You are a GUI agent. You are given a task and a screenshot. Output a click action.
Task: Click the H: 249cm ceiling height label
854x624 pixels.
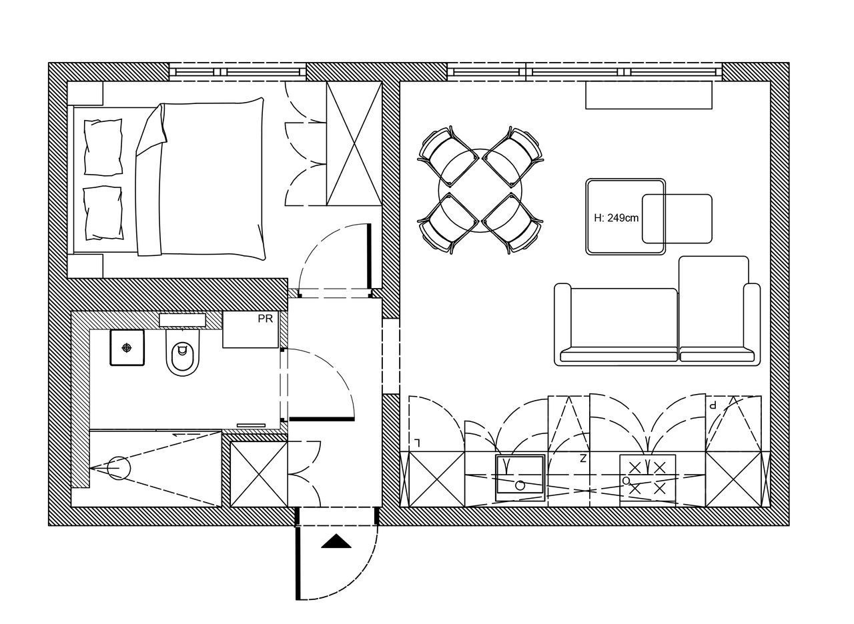(616, 218)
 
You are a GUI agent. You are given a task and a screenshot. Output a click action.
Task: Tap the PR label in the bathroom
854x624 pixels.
(266, 319)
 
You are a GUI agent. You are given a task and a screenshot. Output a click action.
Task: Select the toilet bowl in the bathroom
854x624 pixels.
(183, 353)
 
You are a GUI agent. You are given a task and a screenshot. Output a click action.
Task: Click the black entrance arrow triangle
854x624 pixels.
(336, 541)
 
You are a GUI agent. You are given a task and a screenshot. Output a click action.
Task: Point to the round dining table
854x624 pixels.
(480, 191)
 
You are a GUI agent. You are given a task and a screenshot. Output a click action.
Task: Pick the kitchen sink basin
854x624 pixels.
(520, 478)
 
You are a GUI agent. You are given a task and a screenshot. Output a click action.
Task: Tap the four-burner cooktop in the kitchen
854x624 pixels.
(647, 478)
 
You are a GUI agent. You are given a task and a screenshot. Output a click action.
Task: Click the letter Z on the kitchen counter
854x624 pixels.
(583, 459)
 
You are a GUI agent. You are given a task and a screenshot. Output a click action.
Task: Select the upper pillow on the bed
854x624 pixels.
(103, 147)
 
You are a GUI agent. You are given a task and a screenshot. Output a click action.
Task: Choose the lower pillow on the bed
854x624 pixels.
(103, 213)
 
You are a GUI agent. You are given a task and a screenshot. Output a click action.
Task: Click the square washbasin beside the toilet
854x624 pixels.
(127, 348)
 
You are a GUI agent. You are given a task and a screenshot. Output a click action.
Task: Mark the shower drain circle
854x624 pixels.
(119, 468)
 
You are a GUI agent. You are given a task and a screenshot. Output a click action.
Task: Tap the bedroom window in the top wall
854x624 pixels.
(238, 72)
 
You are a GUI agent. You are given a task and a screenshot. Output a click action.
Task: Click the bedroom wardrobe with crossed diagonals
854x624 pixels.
(354, 143)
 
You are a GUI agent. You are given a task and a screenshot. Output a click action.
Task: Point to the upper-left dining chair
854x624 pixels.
(448, 157)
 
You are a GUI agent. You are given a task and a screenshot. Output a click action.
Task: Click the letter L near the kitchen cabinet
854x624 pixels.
(418, 443)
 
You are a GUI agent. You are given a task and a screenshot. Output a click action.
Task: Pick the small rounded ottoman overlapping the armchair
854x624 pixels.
(677, 219)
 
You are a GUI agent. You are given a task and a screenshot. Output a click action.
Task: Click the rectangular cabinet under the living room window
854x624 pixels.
(649, 95)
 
